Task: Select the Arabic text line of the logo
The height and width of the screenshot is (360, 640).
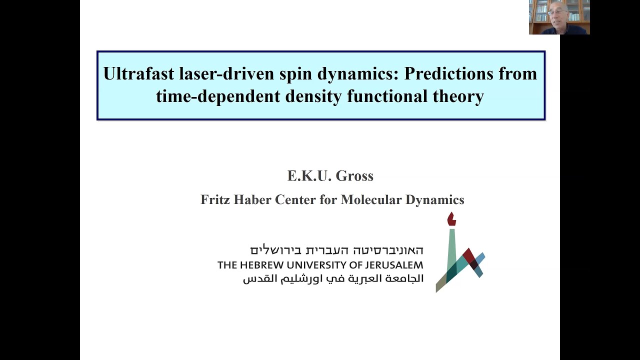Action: coord(333,279)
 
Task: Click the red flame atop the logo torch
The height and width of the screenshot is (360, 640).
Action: coord(451,219)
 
